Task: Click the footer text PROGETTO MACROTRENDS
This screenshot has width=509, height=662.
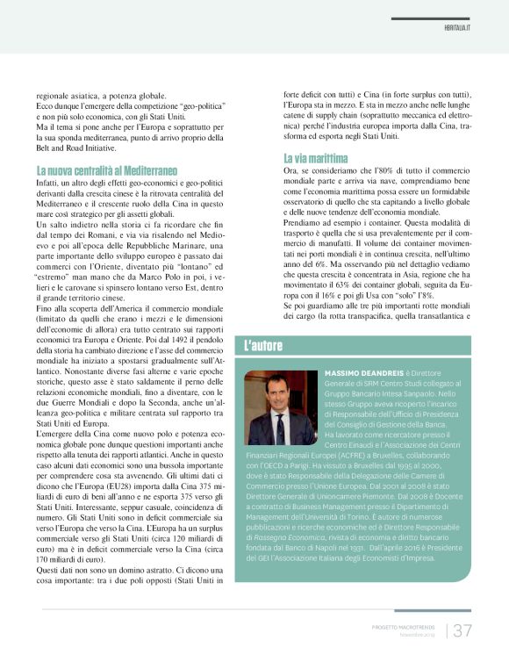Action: coord(401,625)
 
